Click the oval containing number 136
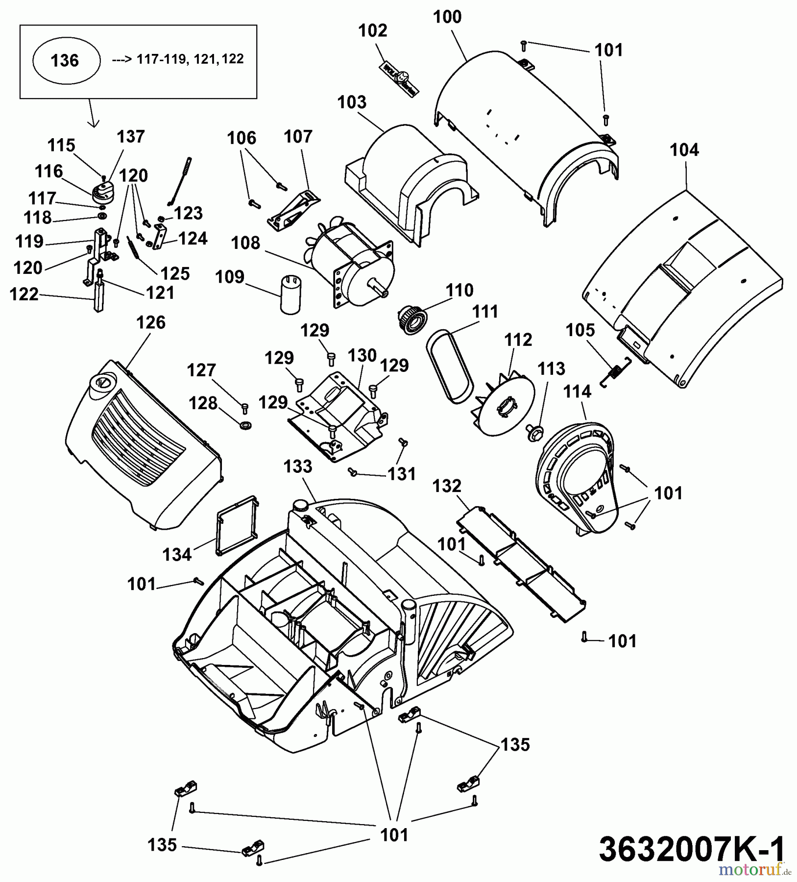(x=66, y=61)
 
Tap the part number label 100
(x=447, y=17)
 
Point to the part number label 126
(x=150, y=322)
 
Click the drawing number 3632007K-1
(x=691, y=849)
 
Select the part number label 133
(x=298, y=466)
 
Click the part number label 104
(x=684, y=150)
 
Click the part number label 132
(x=447, y=486)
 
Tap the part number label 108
(x=246, y=243)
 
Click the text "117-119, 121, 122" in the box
(x=190, y=59)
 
